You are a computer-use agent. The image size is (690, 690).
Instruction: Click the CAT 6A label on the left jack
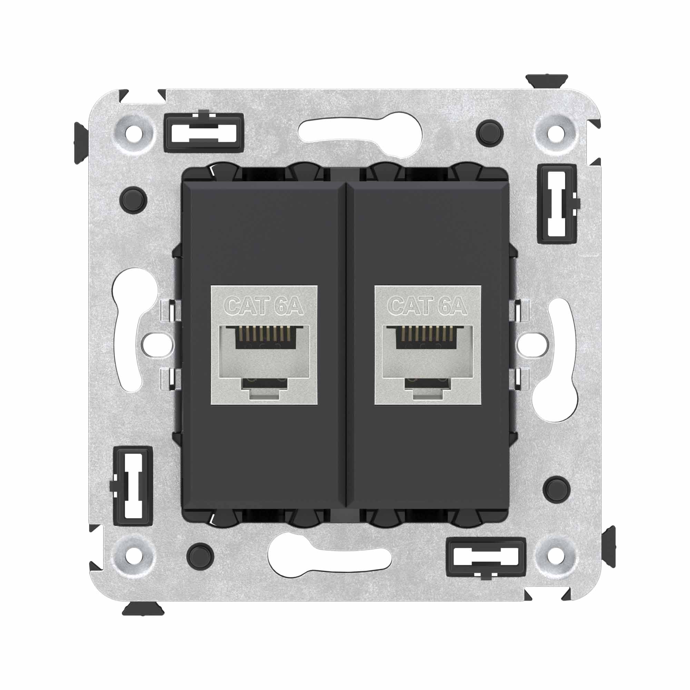click(265, 306)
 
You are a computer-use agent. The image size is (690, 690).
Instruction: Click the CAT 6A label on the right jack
click(428, 306)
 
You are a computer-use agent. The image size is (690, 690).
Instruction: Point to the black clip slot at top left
click(204, 132)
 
